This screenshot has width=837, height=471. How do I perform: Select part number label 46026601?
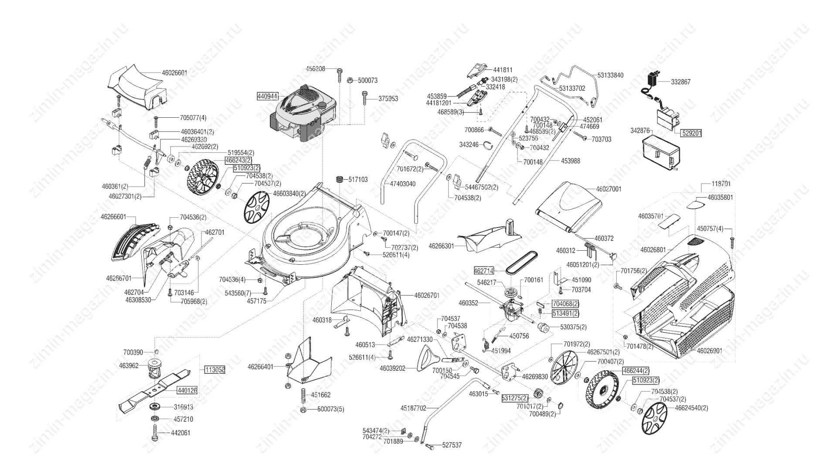tap(174, 73)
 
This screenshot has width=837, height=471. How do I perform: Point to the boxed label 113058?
tap(214, 370)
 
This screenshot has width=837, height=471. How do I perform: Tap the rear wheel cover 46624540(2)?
tap(655, 418)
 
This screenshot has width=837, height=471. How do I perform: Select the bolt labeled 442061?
tap(157, 433)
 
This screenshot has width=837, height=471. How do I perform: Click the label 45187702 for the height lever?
tap(413, 409)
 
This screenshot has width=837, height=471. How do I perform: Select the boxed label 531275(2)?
tap(515, 398)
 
